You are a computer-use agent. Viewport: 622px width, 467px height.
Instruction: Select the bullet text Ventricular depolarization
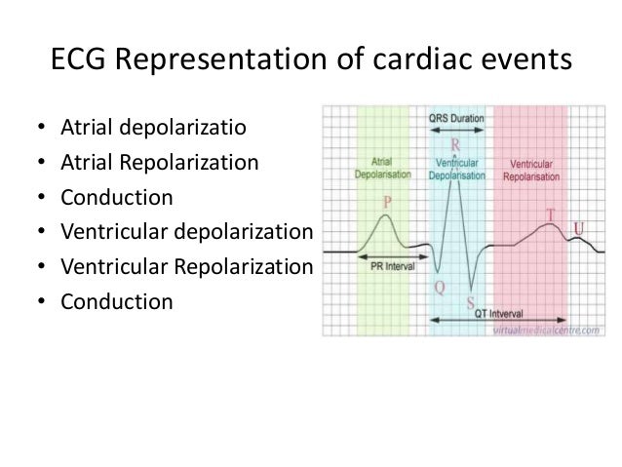[186, 231]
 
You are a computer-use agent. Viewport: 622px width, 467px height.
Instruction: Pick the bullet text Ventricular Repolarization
[186, 266]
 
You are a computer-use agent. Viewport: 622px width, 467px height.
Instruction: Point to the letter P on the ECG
[387, 202]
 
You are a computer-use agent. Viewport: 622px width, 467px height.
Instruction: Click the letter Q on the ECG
[439, 289]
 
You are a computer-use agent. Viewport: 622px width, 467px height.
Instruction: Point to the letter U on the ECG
[579, 227]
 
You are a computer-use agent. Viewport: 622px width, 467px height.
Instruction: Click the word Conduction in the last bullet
[117, 301]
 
